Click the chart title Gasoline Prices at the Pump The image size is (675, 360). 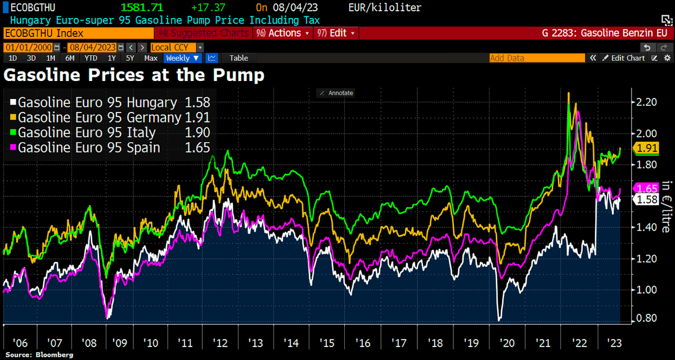(x=134, y=74)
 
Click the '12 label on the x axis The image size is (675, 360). (x=220, y=343)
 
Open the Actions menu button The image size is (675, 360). (x=283, y=33)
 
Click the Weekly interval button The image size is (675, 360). (x=182, y=58)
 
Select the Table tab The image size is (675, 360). (x=238, y=58)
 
